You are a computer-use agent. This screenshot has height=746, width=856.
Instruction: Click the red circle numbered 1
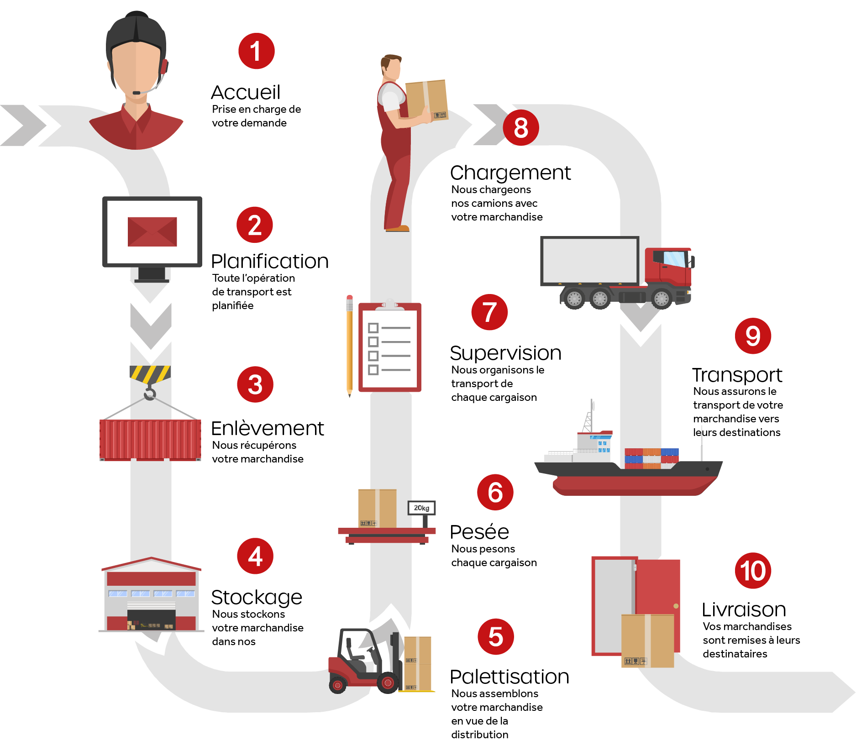point(257,51)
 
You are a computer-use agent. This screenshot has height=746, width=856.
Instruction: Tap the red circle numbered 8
point(521,127)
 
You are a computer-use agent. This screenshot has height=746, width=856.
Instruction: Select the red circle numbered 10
point(753,571)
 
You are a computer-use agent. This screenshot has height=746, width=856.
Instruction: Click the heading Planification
point(270,262)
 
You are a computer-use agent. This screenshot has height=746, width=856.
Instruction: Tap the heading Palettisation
point(509,677)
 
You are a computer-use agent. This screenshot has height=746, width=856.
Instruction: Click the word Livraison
point(744,609)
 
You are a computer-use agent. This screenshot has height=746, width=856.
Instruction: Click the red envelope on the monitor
point(152,231)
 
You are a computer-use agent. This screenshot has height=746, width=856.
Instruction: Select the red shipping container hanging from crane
point(150,440)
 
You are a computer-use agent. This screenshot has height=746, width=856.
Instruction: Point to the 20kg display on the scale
point(421,508)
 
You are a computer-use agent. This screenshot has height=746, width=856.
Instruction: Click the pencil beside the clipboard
point(350,346)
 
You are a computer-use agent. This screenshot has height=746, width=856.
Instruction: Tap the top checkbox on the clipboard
point(373,328)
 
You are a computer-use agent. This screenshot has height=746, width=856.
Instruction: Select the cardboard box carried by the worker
point(427,100)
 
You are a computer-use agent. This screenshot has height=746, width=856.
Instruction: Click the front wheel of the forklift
point(388,683)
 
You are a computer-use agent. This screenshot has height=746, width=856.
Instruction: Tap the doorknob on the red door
point(676,606)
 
